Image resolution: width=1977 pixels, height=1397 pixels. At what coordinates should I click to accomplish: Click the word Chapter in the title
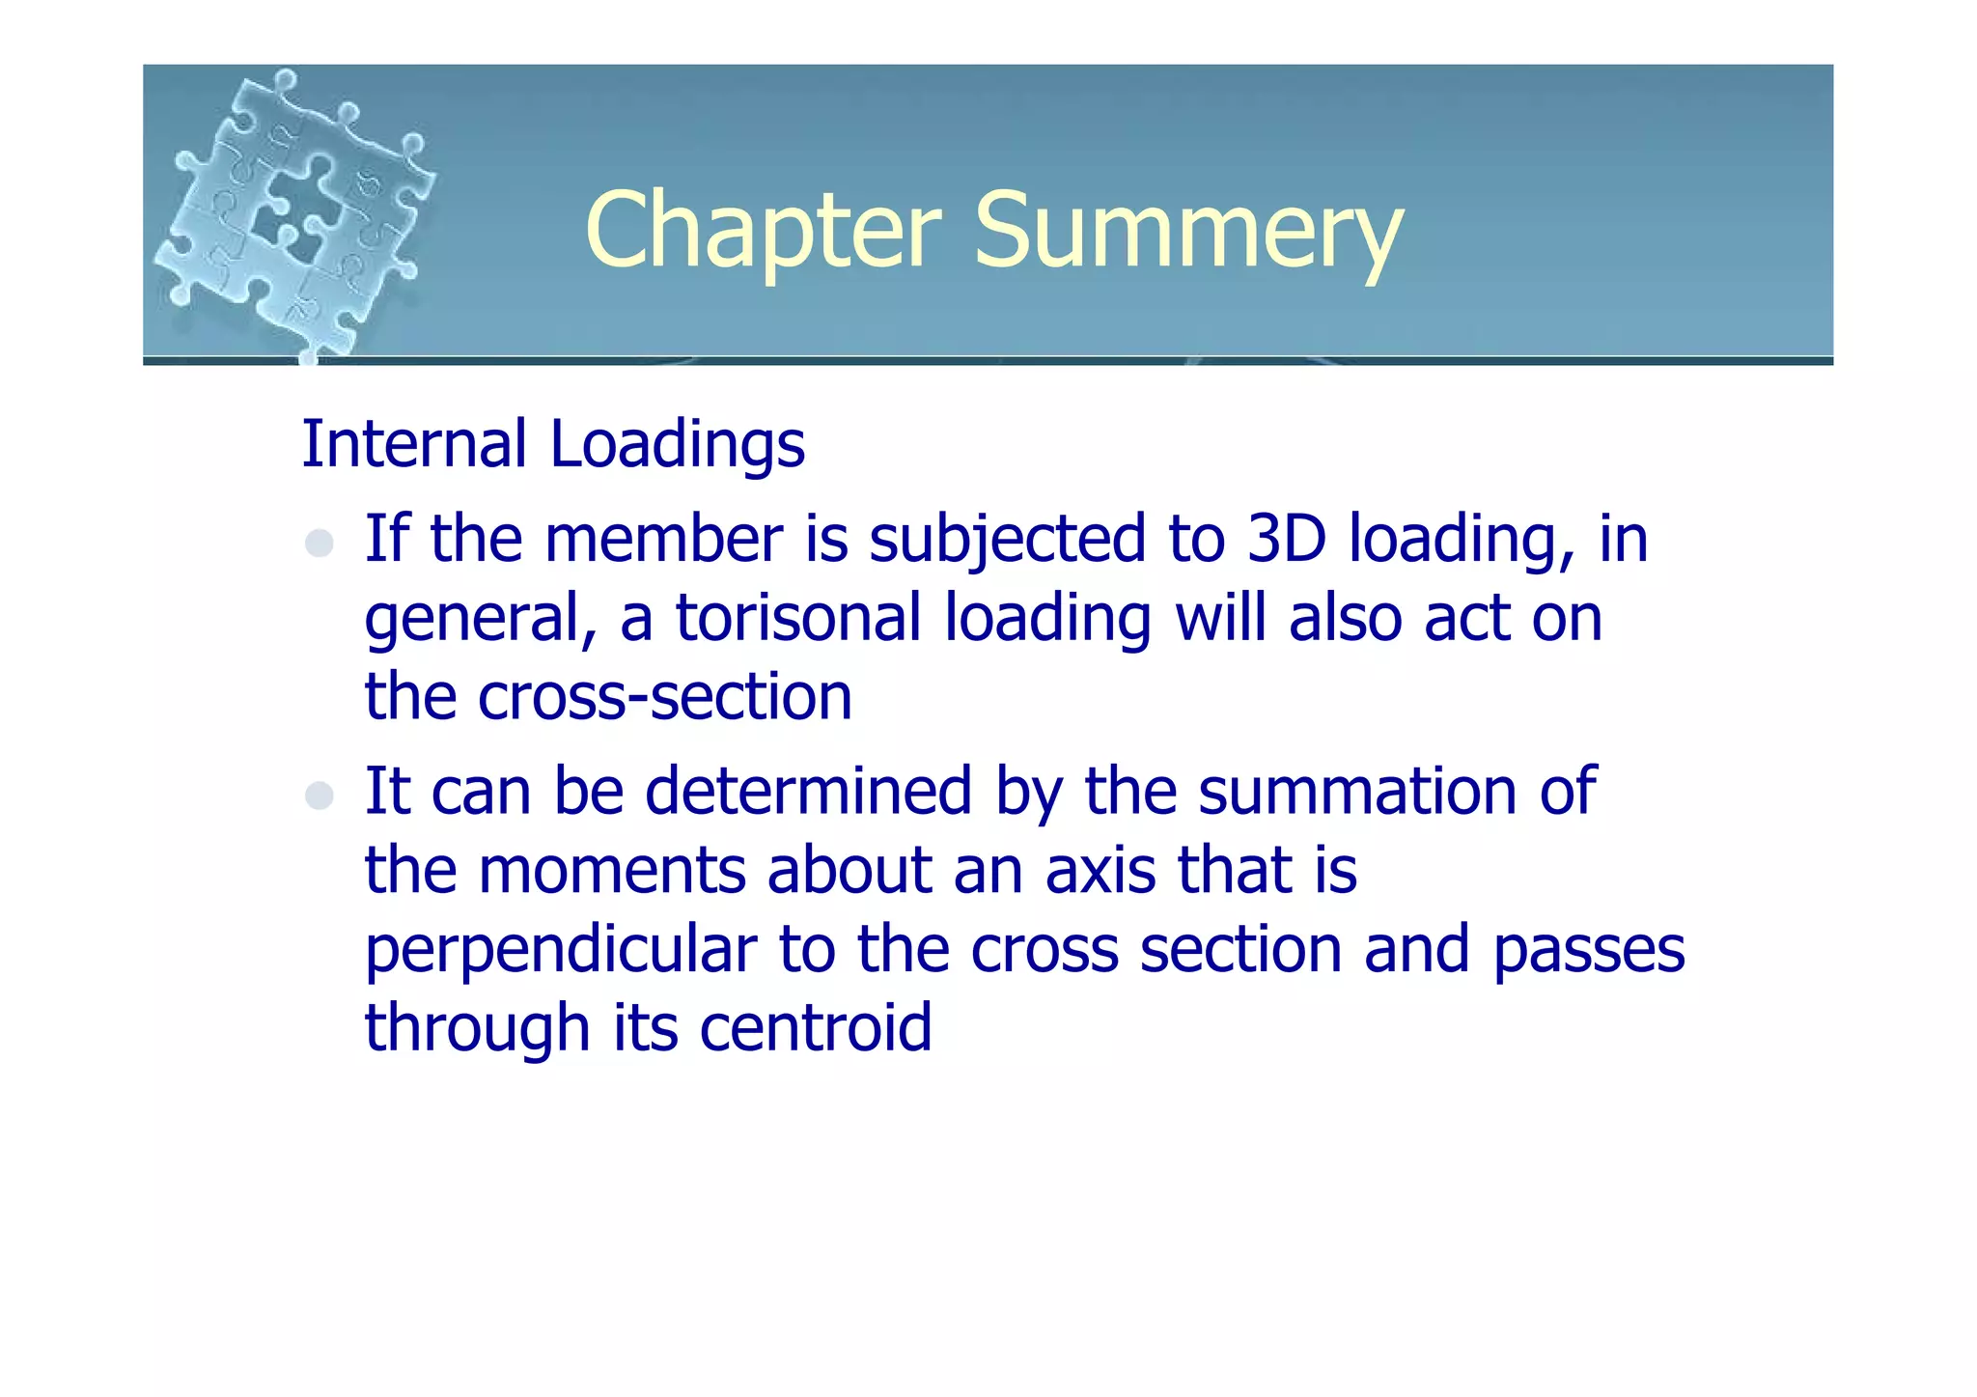pyautogui.click(x=763, y=232)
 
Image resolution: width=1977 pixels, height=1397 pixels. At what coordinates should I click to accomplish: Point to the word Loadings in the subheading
pyautogui.click(x=677, y=444)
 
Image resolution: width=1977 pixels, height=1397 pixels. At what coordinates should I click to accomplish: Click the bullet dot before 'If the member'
pyautogui.click(x=320, y=544)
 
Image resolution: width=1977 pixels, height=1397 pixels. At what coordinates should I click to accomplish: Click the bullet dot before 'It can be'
pyautogui.click(x=320, y=796)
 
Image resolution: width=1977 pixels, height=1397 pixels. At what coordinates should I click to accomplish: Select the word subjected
pyautogui.click(x=1007, y=541)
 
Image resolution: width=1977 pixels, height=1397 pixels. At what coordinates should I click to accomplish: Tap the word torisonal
pyautogui.click(x=798, y=618)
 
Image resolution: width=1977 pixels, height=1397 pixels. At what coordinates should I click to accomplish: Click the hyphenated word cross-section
pyautogui.click(x=665, y=697)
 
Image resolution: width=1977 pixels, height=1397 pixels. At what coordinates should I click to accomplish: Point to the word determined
pyautogui.click(x=807, y=792)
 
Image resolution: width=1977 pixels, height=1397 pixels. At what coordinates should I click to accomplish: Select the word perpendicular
pyautogui.click(x=560, y=950)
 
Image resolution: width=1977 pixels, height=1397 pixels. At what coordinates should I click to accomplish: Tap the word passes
pyautogui.click(x=1588, y=950)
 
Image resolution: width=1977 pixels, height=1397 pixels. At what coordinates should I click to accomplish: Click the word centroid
pyautogui.click(x=816, y=1027)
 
